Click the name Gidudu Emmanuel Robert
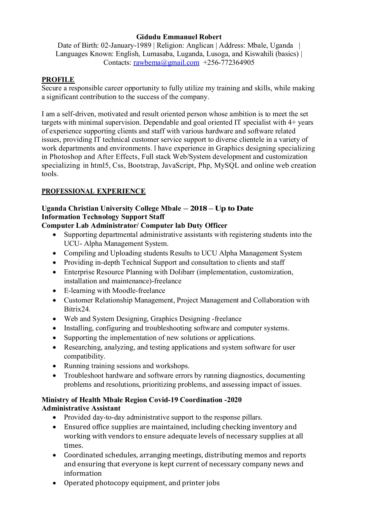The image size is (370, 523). tap(179, 37)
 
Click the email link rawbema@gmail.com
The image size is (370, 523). tap(166, 62)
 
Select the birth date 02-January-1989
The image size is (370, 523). tap(126, 45)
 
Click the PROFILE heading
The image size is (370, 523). tap(58, 80)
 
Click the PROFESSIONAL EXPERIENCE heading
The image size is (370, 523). tap(93, 191)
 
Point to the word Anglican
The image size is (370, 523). tap(200, 45)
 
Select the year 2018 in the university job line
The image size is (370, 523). tap(199, 208)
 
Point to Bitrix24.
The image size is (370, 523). tap(77, 309)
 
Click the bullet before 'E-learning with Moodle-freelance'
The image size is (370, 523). tap(55, 291)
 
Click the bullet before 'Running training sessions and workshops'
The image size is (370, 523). tap(55, 366)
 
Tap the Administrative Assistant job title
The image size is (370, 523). tap(81, 408)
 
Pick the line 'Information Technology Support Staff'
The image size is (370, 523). tap(103, 217)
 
